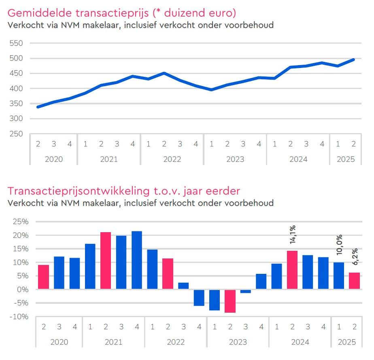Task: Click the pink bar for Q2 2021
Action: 106,260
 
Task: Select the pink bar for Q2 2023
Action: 230,301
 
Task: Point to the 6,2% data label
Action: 354,257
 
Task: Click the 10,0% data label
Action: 339,244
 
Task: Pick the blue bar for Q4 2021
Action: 137,260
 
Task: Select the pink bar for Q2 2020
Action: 44,277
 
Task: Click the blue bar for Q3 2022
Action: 183,286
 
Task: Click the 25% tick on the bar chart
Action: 20,222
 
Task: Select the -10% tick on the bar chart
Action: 19,317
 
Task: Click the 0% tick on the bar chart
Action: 22,290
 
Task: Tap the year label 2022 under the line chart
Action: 172,159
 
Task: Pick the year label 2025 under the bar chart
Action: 346,342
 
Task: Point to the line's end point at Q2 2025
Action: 354,59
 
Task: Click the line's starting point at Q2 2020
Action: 38,107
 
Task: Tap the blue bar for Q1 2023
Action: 215,300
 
